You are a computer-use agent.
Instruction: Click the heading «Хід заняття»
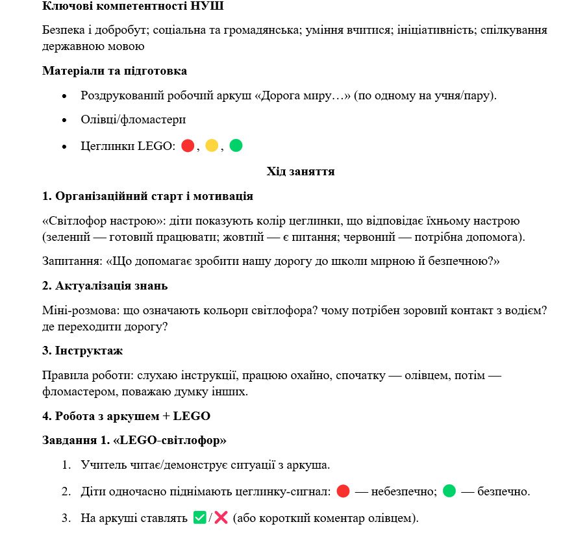click(300, 171)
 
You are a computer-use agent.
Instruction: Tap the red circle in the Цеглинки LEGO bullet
click(188, 146)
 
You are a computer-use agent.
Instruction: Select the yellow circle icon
click(212, 146)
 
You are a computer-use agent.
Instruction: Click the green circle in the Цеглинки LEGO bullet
click(236, 146)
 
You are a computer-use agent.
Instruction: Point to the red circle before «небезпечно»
click(343, 491)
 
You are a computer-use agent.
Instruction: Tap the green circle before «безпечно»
click(449, 491)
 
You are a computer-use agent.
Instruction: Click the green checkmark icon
click(199, 518)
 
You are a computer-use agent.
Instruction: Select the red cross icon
click(221, 518)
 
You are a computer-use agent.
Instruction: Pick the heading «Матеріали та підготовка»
click(114, 70)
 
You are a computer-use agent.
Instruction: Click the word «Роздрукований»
click(120, 95)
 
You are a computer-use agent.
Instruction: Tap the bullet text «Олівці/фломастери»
click(133, 121)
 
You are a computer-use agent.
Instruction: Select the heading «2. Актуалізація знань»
click(105, 286)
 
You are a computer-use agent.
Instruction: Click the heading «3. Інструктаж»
click(82, 351)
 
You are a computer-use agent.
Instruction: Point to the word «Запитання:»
click(70, 262)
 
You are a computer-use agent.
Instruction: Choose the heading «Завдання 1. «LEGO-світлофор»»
click(134, 440)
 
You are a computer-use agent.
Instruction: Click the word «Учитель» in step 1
click(100, 465)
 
